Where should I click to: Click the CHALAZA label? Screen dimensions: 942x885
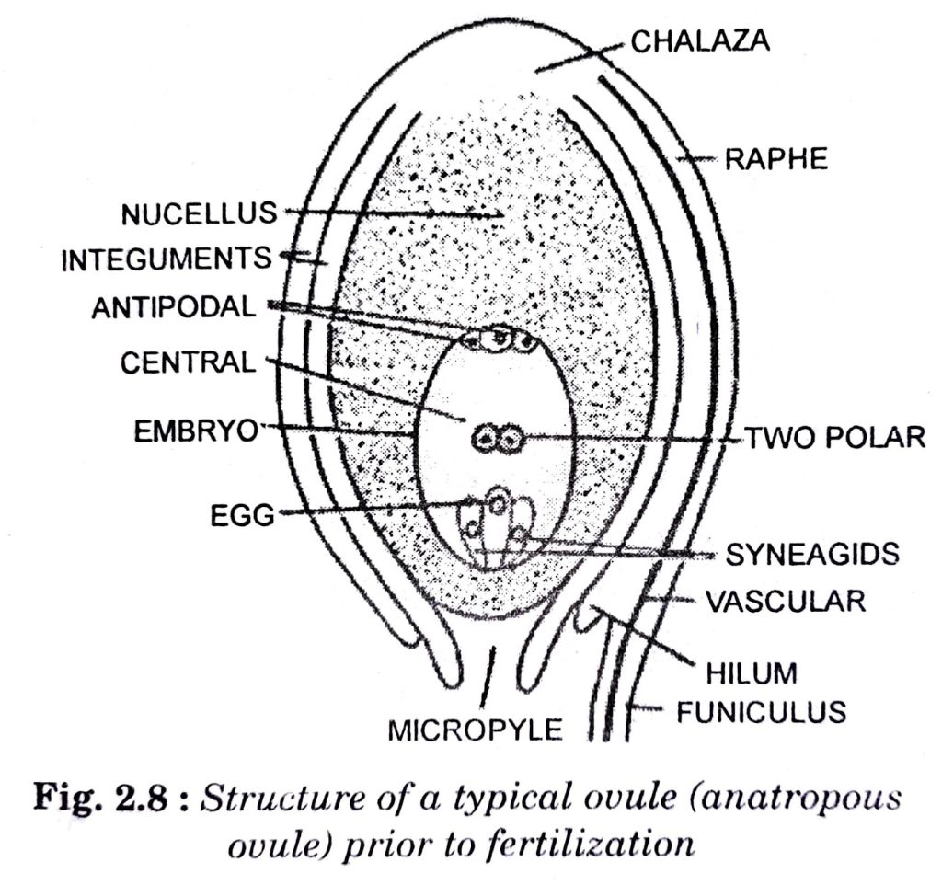[700, 41]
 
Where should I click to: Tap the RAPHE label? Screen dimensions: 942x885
[776, 160]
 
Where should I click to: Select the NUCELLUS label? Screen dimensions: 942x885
[200, 213]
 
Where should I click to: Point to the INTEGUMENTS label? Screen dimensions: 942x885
[167, 259]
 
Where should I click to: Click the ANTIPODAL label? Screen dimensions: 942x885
[174, 307]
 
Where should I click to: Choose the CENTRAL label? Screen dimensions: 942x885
[189, 362]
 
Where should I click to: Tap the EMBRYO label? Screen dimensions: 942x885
[196, 431]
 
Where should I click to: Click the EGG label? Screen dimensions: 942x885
[243, 515]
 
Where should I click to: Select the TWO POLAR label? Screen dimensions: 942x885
[835, 437]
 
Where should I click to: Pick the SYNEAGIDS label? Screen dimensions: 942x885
[813, 554]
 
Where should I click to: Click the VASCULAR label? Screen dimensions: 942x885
[786, 601]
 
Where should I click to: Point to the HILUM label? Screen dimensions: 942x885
[752, 672]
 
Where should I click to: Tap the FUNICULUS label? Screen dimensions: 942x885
[762, 712]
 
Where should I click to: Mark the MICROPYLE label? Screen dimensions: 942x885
[476, 730]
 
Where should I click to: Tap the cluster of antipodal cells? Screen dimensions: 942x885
[499, 339]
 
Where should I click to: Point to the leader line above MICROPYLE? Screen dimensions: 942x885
[488, 676]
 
